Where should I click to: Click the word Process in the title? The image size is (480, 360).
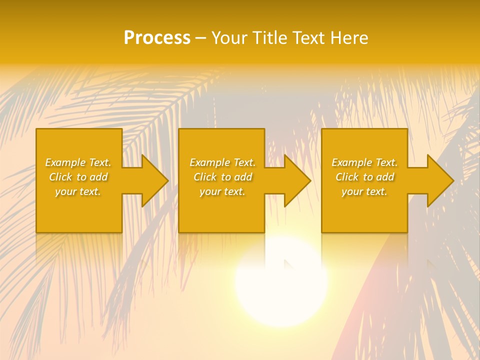click(157, 38)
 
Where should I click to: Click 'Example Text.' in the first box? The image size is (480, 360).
click(78, 162)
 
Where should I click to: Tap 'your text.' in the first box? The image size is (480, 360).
click(78, 191)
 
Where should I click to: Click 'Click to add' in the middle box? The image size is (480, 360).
click(222, 177)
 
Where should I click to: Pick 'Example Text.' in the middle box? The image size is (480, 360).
click(222, 162)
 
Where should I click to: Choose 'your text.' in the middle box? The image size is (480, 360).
click(222, 191)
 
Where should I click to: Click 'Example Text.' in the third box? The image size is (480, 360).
click(364, 162)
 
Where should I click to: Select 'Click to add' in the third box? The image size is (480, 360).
click(364, 177)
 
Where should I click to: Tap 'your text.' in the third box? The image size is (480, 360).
click(364, 191)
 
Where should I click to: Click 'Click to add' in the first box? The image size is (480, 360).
click(78, 177)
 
